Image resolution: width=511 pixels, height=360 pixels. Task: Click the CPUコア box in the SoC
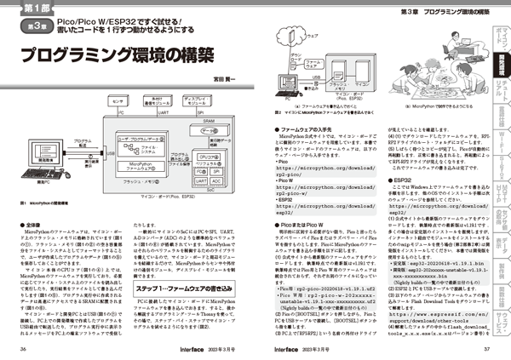click(x=210, y=158)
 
